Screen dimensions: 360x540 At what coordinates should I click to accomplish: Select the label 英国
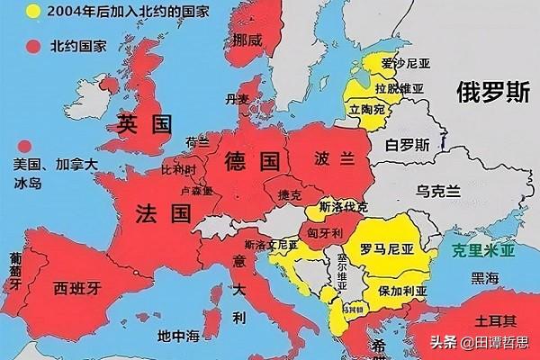point(144,124)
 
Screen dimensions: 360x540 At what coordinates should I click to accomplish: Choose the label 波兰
point(333,157)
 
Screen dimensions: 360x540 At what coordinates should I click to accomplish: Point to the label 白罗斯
point(407,144)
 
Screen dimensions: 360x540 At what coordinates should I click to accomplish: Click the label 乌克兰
point(438,191)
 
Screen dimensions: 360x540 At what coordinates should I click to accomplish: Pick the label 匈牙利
point(325,232)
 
